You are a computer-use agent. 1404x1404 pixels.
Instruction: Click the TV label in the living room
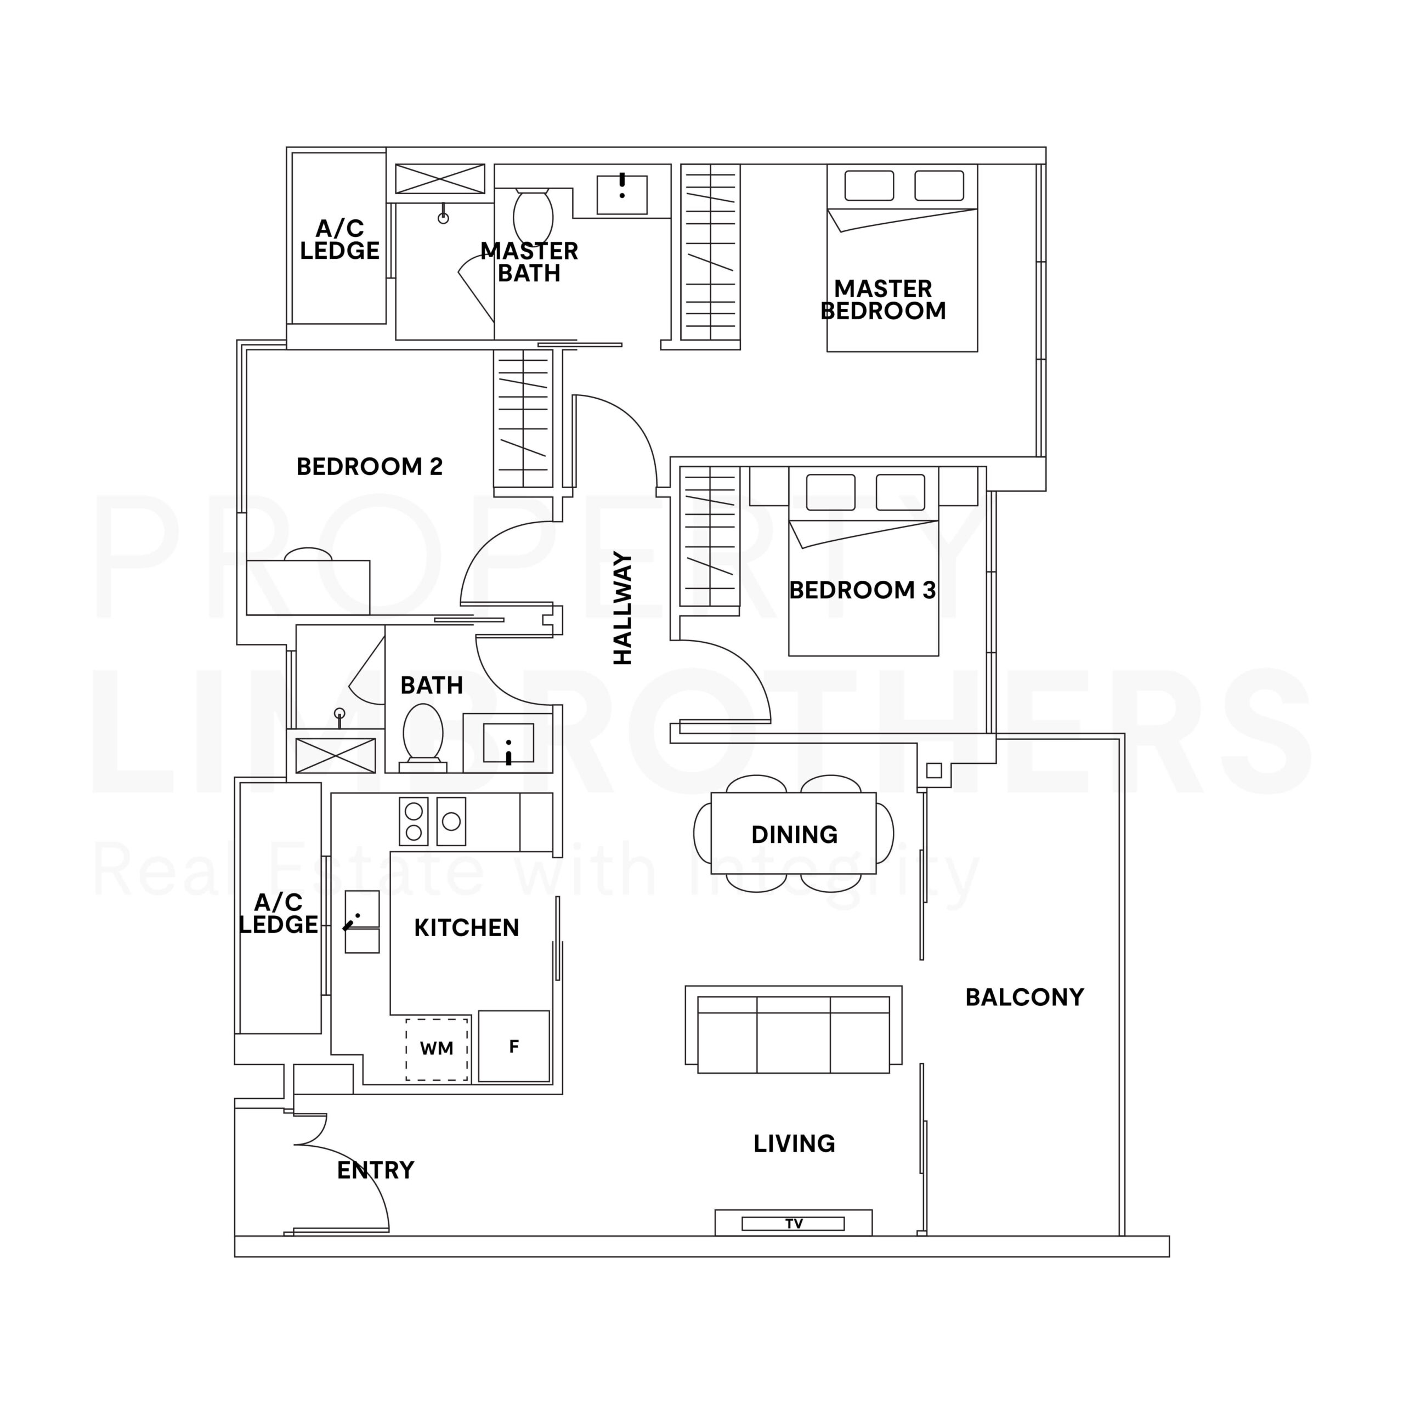(794, 1224)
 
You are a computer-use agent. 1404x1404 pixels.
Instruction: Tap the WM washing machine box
(437, 1049)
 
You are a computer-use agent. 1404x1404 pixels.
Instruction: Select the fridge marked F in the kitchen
(514, 1046)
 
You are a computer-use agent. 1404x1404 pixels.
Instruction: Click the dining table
(794, 834)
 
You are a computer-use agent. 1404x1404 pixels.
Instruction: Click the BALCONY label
(1024, 997)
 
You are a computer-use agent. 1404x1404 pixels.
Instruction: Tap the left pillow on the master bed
(869, 185)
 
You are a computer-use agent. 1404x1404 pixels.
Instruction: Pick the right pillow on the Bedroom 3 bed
(901, 492)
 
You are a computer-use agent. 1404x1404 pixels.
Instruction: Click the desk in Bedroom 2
(308, 587)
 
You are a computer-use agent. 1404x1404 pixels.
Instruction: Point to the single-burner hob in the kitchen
(451, 821)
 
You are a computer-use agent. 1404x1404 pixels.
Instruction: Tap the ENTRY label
(376, 1170)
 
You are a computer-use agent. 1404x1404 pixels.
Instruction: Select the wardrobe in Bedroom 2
(523, 420)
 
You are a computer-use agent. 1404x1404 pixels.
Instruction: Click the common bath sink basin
(509, 743)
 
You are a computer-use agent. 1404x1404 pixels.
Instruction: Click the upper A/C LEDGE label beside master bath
(339, 239)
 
